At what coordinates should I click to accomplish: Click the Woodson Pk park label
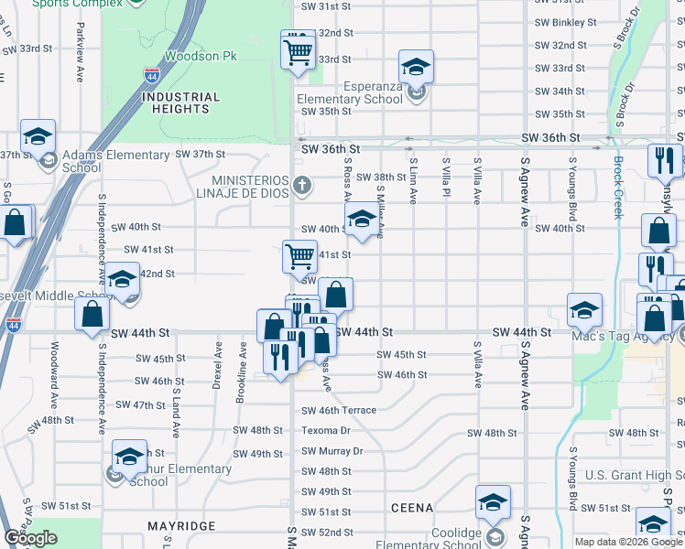click(200, 56)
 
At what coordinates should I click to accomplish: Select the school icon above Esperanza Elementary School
click(416, 67)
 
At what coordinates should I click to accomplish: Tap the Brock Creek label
click(617, 188)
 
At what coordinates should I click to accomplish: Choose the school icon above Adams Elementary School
click(38, 137)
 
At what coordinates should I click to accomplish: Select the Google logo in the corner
click(30, 538)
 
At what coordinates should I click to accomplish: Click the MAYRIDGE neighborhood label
click(180, 526)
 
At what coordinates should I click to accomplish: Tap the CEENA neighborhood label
click(411, 507)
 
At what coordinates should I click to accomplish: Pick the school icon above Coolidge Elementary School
click(493, 502)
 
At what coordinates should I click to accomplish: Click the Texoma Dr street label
click(326, 430)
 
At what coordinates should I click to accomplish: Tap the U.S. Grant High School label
click(634, 475)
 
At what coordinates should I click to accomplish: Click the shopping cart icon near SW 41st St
click(299, 257)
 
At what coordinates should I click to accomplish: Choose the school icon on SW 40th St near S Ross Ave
click(363, 220)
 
